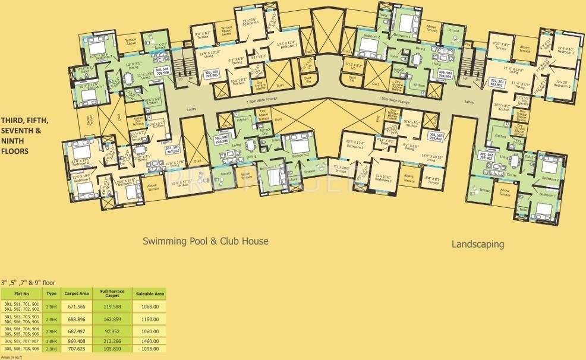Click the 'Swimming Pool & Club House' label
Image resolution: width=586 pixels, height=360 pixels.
click(206, 241)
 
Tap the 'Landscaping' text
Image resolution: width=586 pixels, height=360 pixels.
click(478, 244)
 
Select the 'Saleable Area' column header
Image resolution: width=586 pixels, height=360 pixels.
click(150, 293)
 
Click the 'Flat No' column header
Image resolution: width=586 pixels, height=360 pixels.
click(21, 293)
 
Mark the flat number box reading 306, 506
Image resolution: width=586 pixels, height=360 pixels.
click(221, 139)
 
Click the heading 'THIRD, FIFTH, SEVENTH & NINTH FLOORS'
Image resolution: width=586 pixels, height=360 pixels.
click(23, 135)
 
